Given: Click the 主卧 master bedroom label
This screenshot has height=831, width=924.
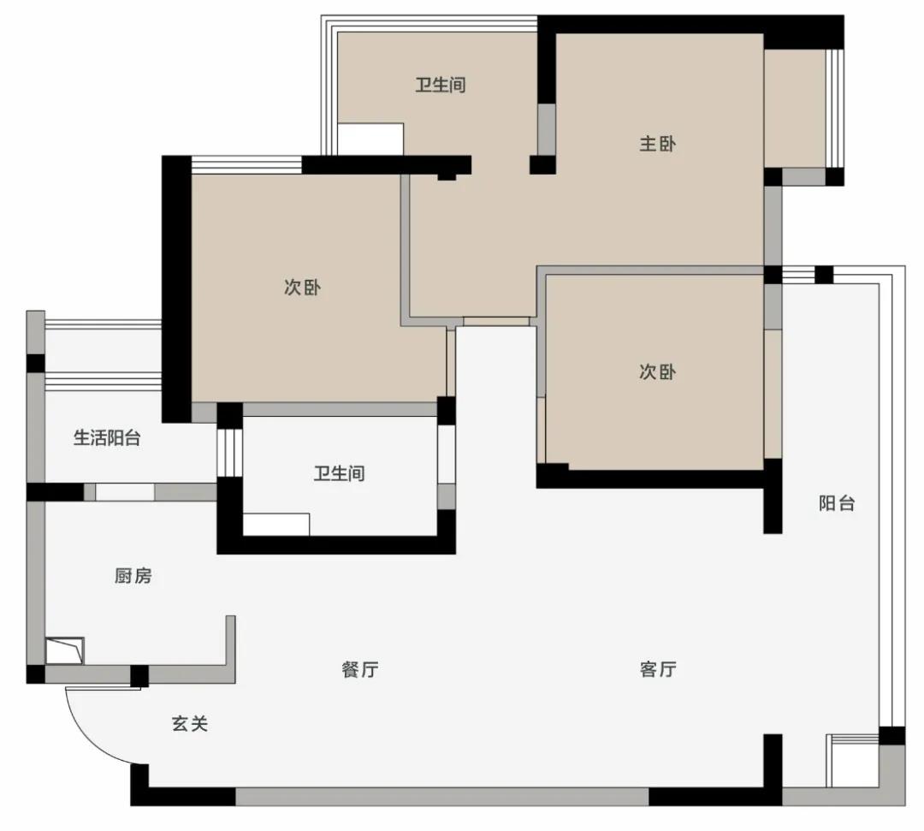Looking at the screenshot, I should (x=657, y=144).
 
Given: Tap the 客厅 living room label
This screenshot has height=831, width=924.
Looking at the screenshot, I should (x=657, y=669).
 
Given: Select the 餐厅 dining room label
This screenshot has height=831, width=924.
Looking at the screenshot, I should (x=359, y=669).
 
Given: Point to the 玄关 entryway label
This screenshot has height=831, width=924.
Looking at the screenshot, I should (x=190, y=724).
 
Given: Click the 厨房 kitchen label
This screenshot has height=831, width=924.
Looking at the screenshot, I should (x=133, y=576).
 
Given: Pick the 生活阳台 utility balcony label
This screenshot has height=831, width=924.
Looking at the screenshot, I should (x=107, y=438).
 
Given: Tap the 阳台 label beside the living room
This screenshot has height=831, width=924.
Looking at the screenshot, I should (x=836, y=503).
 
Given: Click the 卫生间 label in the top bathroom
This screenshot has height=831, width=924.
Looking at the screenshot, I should (x=441, y=85).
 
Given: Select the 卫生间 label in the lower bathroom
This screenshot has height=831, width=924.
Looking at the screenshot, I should (x=339, y=472).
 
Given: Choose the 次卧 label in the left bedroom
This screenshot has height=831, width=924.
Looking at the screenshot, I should (x=302, y=288).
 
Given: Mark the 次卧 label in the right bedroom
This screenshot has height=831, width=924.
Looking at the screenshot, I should (x=657, y=371).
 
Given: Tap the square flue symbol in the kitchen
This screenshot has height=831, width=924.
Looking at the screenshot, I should (x=64, y=650).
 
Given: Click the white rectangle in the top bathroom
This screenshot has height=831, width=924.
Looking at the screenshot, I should (x=370, y=139).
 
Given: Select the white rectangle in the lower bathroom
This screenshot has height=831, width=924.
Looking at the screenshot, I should (x=276, y=524).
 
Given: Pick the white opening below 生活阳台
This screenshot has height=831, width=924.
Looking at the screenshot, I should (x=124, y=492).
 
